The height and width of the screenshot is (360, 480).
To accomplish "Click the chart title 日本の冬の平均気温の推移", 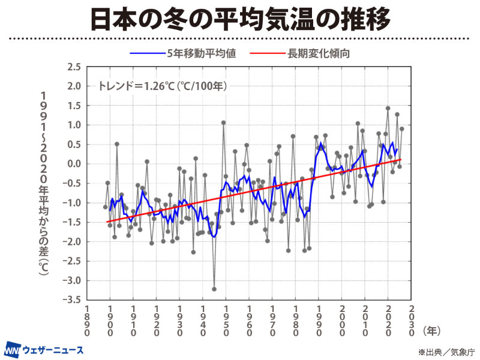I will click(x=240, y=19).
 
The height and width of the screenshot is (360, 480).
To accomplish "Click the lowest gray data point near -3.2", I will click(x=214, y=289).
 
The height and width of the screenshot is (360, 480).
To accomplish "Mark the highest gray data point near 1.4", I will click(x=388, y=109).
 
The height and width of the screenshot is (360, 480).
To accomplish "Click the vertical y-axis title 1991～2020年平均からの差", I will click(x=44, y=183).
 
